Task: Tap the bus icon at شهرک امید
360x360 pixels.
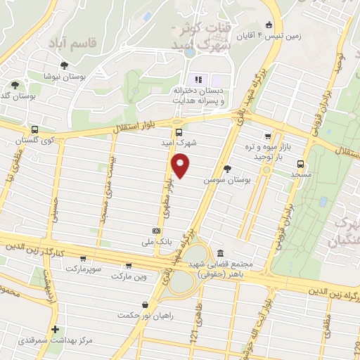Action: [179, 131]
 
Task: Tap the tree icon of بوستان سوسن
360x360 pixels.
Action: [226, 169]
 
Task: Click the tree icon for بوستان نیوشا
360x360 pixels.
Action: [64, 65]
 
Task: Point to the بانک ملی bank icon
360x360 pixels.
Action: [156, 231]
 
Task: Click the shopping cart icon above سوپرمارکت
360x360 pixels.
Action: [84, 259]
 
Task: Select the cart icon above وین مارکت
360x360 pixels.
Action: [128, 266]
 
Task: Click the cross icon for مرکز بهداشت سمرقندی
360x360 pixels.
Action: [55, 329]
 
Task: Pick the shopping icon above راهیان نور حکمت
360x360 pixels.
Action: [145, 305]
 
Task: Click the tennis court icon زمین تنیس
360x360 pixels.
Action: [269, 23]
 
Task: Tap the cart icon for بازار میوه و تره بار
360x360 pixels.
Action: [267, 136]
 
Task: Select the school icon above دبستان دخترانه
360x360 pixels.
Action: [198, 79]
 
